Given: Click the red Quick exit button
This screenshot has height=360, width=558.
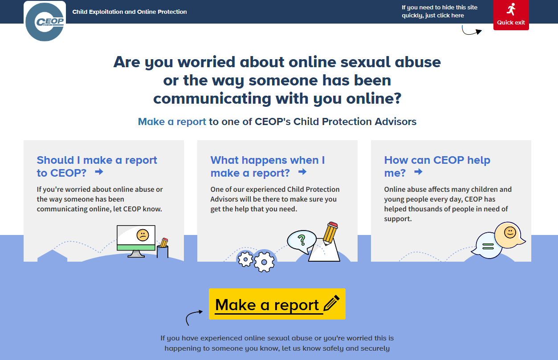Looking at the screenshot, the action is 511,15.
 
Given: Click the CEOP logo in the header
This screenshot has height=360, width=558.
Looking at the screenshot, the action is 45,21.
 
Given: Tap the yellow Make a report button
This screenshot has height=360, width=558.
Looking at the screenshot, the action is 277,304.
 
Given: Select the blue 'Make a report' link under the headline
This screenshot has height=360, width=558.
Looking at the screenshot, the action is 172,122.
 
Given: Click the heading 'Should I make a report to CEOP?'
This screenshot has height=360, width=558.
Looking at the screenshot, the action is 97,166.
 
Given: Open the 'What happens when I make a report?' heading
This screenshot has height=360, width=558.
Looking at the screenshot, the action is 268,166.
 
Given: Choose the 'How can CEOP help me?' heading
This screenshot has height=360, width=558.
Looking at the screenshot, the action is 437,166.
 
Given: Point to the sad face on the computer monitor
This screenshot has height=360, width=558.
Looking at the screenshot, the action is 143,235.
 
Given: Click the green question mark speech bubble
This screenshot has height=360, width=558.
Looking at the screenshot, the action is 301,242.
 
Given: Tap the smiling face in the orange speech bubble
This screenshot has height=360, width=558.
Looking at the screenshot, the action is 509,233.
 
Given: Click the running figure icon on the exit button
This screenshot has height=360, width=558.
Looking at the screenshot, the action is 511,9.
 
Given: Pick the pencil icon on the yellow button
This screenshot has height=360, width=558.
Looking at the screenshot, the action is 332,303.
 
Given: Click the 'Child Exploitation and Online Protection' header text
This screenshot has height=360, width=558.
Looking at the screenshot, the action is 130,12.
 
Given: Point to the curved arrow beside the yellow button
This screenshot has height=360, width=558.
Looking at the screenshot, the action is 194,317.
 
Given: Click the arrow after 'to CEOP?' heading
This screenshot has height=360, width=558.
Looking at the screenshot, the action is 99,171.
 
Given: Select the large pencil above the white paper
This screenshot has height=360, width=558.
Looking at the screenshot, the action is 330,233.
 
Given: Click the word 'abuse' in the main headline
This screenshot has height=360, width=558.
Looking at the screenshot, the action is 418,62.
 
